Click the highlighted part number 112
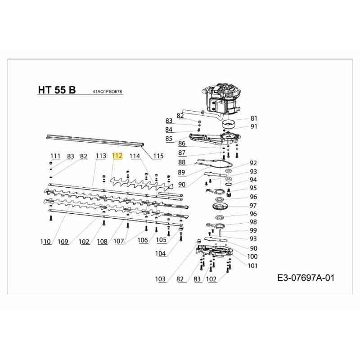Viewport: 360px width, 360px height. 117,156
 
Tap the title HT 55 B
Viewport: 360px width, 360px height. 57,90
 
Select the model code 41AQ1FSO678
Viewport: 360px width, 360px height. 107,91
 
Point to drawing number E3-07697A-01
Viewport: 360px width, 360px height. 306,278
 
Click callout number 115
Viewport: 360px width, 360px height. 158,156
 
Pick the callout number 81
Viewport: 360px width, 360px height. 254,118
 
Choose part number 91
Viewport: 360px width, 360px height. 254,126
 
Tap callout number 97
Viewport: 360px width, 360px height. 253,205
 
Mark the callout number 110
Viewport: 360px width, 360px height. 45,242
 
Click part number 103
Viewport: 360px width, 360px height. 161,279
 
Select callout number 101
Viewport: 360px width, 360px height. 252,265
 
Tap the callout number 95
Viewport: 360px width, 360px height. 253,188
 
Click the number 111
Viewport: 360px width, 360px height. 55,156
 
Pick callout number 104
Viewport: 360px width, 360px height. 161,254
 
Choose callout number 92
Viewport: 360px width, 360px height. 253,163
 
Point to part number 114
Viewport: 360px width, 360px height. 135,156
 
